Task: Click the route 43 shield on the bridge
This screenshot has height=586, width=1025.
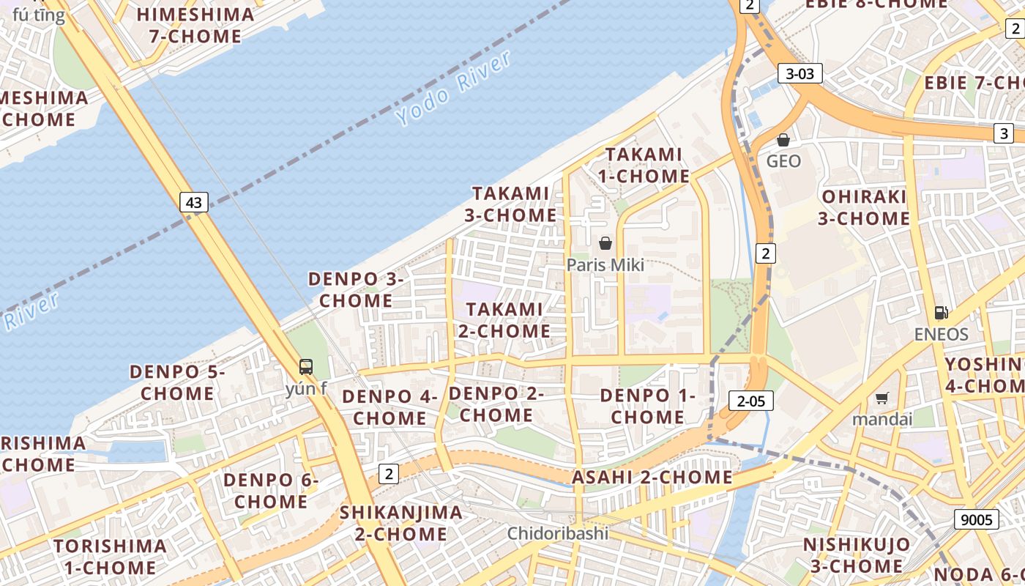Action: pyautogui.click(x=193, y=202)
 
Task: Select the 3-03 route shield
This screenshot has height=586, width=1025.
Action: pyautogui.click(x=799, y=73)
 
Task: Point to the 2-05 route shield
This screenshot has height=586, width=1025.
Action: pyautogui.click(x=751, y=401)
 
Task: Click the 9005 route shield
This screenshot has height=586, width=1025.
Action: pyautogui.click(x=977, y=520)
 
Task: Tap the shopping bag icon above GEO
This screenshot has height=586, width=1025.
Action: pyautogui.click(x=783, y=139)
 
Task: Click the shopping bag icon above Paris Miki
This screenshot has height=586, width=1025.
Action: pyautogui.click(x=605, y=243)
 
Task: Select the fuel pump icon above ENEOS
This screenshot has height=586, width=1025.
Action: pyautogui.click(x=942, y=313)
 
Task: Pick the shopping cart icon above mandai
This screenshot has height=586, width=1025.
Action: pyautogui.click(x=882, y=398)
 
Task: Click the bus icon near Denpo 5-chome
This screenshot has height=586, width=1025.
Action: pyautogui.click(x=306, y=367)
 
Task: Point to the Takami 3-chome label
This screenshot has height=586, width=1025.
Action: pyautogui.click(x=510, y=204)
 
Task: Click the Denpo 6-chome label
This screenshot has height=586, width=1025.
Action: pyautogui.click(x=271, y=491)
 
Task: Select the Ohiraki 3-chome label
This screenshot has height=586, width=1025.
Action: pyautogui.click(x=864, y=207)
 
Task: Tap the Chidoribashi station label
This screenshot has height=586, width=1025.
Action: pyautogui.click(x=558, y=533)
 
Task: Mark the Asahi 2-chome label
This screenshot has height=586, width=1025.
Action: pyautogui.click(x=652, y=478)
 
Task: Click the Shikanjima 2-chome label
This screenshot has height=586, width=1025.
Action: pyautogui.click(x=401, y=523)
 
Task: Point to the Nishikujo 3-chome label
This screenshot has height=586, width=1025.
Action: pyautogui.click(x=857, y=555)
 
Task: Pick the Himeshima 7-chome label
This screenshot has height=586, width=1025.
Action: pyautogui.click(x=195, y=25)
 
